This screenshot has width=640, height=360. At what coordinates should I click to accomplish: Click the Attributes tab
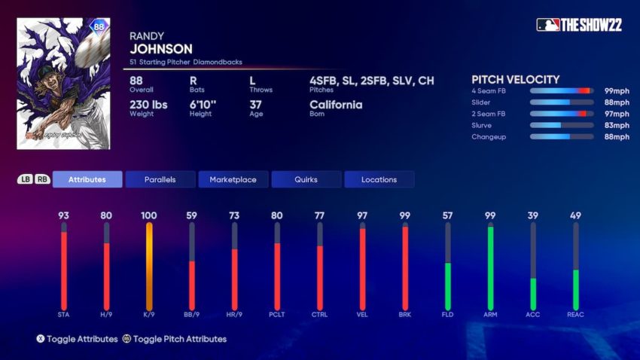click(x=87, y=179)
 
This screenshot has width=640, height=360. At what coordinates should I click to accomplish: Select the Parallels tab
click(x=160, y=179)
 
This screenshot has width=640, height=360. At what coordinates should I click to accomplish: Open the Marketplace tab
click(x=233, y=179)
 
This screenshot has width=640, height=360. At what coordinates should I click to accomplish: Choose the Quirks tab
click(x=306, y=179)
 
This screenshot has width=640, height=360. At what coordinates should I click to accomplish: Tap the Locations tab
click(x=379, y=179)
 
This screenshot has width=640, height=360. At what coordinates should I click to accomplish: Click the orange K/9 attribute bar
click(x=149, y=267)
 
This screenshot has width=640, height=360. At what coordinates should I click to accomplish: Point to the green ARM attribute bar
click(x=491, y=267)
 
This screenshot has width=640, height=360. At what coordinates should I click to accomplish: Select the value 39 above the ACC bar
click(x=533, y=215)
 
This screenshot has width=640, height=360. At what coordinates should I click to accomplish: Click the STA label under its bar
click(x=64, y=315)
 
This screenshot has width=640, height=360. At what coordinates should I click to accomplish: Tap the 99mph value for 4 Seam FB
click(x=616, y=90)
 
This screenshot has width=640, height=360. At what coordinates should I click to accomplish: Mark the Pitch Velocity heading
click(x=515, y=79)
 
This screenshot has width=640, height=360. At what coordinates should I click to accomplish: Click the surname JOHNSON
click(x=161, y=49)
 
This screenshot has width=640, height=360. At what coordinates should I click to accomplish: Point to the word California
click(x=336, y=105)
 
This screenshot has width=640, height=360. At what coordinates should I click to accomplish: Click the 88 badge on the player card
click(x=99, y=26)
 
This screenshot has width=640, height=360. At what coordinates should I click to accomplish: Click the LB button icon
click(x=25, y=179)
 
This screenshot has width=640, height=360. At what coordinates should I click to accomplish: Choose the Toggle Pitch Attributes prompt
click(x=174, y=339)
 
